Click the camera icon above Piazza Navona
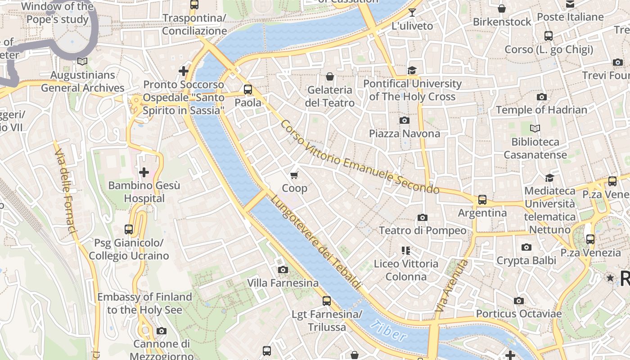[x=404, y=120]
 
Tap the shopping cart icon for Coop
[x=294, y=175]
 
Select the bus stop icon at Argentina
[x=482, y=199]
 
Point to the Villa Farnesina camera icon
[x=283, y=270]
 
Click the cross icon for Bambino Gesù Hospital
[x=144, y=172]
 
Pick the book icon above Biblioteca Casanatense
[x=535, y=129]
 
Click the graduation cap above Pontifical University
[x=412, y=70]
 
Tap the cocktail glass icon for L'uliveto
[x=412, y=12]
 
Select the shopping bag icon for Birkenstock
[x=502, y=9]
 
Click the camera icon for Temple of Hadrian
[x=541, y=97]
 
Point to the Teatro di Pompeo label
[x=422, y=230]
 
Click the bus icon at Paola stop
[x=248, y=89]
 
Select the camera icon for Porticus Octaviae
[x=518, y=301]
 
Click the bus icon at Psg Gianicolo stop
[x=129, y=229]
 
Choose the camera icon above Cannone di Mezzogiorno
[x=161, y=331]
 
